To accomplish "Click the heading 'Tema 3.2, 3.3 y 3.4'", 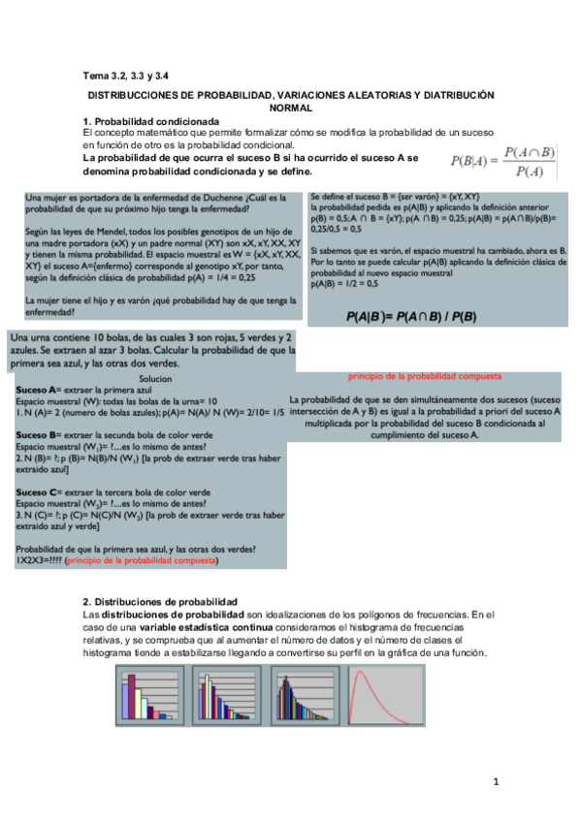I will pyautogui.click(x=125, y=75).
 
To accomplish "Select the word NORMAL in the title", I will pyautogui.click(x=290, y=109).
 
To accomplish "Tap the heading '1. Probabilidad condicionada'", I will pyautogui.click(x=145, y=120).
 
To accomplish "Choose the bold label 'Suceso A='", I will pyautogui.click(x=40, y=388).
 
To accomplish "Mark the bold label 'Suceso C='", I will pyautogui.click(x=40, y=491).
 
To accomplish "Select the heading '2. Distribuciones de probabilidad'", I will pyautogui.click(x=160, y=601).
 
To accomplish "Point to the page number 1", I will pyautogui.click(x=495, y=781).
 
